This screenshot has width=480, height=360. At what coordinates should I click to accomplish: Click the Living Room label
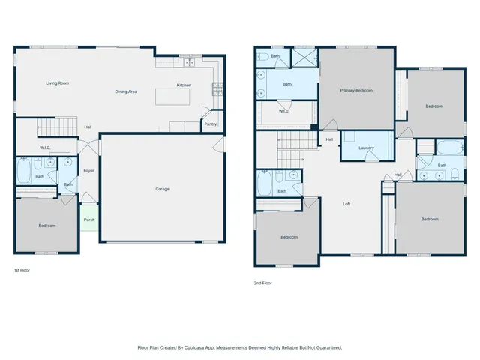(x=57, y=82)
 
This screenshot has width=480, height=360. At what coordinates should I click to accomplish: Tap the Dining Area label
(x=125, y=91)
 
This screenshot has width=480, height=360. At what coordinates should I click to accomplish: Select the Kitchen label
(x=184, y=85)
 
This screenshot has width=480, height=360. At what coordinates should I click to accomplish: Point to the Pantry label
(x=210, y=124)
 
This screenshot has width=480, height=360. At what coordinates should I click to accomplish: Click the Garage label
(x=162, y=189)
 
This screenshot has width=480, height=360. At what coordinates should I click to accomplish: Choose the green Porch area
(x=89, y=220)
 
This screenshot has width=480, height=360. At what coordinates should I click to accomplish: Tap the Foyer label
(x=88, y=170)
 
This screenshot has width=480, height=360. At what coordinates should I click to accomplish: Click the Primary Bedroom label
(x=356, y=90)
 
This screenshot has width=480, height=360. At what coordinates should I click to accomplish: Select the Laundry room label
(x=366, y=148)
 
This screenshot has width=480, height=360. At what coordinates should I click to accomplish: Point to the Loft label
(x=346, y=204)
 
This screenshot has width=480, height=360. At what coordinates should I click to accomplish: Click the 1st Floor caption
(x=22, y=269)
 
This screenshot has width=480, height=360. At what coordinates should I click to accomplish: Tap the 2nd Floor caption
(x=262, y=283)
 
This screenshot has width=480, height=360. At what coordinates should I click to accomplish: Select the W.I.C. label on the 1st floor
(x=45, y=148)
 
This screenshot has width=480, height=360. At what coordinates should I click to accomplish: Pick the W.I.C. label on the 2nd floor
(x=284, y=112)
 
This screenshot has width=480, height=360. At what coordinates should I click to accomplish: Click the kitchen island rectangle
(x=172, y=97)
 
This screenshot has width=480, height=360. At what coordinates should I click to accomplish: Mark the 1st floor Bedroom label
(x=46, y=226)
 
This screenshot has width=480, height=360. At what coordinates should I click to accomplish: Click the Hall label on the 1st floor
(x=88, y=127)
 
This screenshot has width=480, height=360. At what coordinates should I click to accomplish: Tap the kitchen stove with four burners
(x=217, y=89)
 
